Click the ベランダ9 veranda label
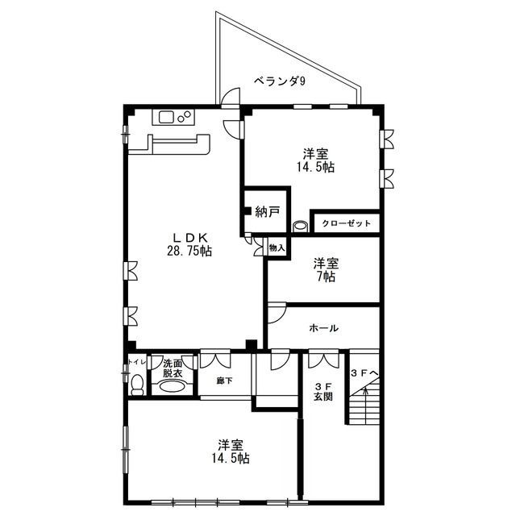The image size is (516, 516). [x=280, y=81]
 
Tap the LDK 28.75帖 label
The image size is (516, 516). [x=189, y=244]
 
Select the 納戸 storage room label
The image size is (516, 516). [x=268, y=212]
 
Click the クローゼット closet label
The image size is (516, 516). [x=346, y=223]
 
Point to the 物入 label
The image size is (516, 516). [x=277, y=248]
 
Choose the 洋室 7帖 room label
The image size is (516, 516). [x=326, y=270]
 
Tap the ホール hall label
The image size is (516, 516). [x=324, y=328]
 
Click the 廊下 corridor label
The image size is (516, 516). [x=224, y=381]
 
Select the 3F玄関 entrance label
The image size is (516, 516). [x=322, y=391]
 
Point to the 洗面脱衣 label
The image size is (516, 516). [x=173, y=368]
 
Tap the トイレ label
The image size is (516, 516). [x=136, y=362]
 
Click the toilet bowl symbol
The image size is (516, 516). [x=137, y=385]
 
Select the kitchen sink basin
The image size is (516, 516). [x=167, y=117]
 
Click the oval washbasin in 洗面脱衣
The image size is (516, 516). [x=172, y=386]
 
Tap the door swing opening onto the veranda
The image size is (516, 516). [x=230, y=98]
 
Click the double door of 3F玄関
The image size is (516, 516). [x=323, y=360]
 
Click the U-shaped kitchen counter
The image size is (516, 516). [x=169, y=144]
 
